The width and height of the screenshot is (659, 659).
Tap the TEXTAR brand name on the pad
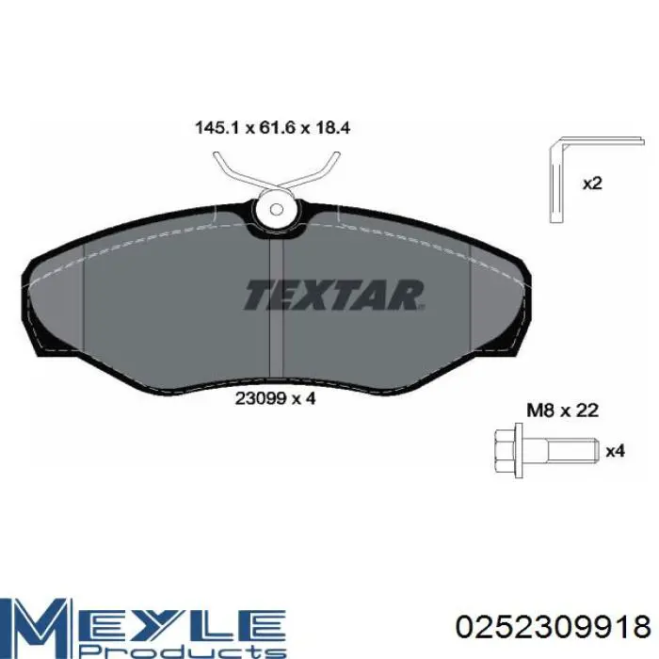(334, 295)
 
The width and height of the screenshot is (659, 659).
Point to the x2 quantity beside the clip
(592, 184)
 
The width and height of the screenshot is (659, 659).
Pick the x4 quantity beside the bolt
(615, 451)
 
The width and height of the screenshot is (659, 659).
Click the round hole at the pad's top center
(276, 208)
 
